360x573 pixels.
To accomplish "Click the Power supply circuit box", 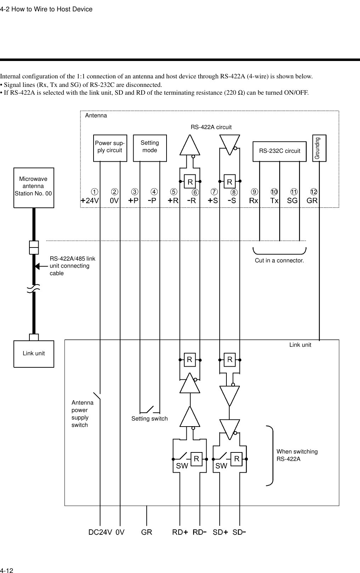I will click(110, 148).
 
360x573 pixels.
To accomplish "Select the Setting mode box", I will click(150, 148).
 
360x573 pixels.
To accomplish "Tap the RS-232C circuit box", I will click(280, 151).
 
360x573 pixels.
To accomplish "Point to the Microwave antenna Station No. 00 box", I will click(34, 187).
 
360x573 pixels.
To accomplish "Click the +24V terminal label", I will click(90, 200).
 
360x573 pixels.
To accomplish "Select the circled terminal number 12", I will click(314, 192).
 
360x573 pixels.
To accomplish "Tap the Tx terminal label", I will click(275, 200).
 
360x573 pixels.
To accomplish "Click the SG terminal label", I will click(292, 200).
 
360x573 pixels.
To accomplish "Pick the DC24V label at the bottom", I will click(100, 532).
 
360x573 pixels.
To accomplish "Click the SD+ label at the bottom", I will click(220, 532).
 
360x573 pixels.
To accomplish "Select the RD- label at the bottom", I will click(200, 532).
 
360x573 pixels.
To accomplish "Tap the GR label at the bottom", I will click(147, 532).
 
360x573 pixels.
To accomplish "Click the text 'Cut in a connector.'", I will click(280, 261).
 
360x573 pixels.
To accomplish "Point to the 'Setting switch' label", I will click(150, 419).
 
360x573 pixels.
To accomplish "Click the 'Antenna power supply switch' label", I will click(83, 414).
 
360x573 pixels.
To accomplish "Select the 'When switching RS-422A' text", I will click(297, 455).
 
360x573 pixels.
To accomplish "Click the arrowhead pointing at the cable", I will click(38, 266).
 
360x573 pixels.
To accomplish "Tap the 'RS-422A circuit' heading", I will click(211, 127).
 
